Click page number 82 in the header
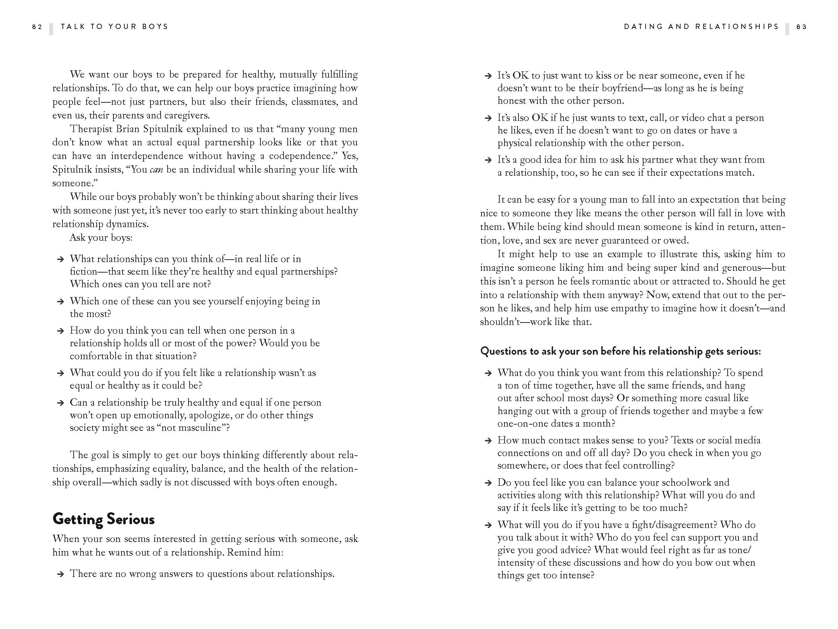(x=37, y=27)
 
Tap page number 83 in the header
(x=802, y=27)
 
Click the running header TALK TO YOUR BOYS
(x=115, y=27)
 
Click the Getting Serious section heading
(x=103, y=519)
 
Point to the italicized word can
(x=156, y=170)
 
